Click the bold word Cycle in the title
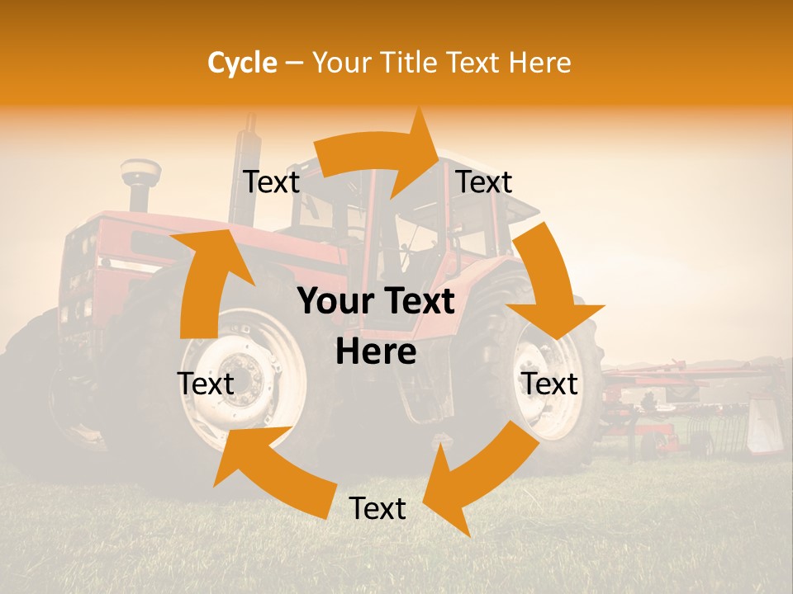coord(242,63)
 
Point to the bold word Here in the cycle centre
coord(376,352)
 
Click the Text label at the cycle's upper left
coord(271,182)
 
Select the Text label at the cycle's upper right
coord(484,182)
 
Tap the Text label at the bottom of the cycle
coord(378,509)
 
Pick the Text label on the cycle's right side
coord(550,384)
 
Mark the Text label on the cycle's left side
coord(206,384)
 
